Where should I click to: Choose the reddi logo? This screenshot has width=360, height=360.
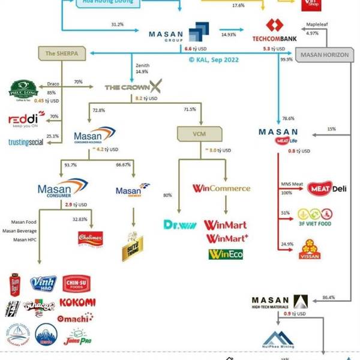coord(26,119)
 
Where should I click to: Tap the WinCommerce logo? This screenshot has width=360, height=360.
coord(221,188)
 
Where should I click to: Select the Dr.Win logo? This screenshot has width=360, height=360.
coord(179,225)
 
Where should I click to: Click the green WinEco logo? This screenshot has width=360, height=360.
coord(226,254)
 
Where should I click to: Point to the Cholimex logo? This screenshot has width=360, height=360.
coord(89,239)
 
